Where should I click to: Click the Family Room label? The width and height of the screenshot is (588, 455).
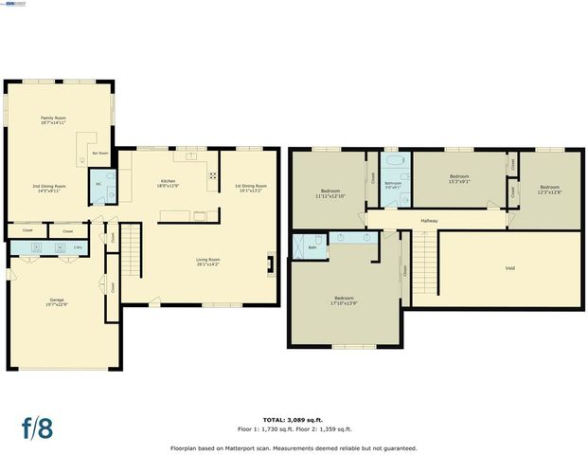53,119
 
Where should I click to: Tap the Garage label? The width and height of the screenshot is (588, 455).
57,300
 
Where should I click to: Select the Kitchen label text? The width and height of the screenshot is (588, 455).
168,181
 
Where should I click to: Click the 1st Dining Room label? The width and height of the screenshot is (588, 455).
251,186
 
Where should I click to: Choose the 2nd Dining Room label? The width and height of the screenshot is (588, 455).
48,186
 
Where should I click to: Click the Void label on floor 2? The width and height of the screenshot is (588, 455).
509,268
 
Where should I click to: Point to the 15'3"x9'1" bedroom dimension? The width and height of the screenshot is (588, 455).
459,182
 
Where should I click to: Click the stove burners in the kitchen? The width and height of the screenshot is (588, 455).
212,175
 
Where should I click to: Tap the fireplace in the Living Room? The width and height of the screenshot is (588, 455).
272,264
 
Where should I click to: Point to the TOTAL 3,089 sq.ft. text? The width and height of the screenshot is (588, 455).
294,419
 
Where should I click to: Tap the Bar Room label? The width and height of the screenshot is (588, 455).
98,153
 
